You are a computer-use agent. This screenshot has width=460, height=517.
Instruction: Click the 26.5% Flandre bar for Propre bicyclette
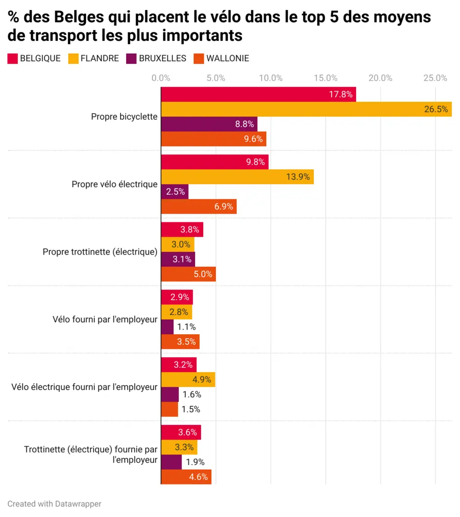click(306, 109)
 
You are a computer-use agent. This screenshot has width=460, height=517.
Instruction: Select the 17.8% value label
click(341, 95)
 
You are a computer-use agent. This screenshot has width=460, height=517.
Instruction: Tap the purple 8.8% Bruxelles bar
click(209, 124)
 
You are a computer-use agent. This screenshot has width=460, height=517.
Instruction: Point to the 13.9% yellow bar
click(237, 177)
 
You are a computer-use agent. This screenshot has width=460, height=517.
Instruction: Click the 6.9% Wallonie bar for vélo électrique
click(198, 207)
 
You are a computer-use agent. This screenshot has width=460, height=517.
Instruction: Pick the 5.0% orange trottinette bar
click(188, 274)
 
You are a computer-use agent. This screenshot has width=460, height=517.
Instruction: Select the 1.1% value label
click(187, 327)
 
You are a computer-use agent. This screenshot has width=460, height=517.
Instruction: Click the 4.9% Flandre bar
click(188, 380)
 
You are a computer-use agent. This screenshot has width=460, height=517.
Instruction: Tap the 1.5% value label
click(191, 409)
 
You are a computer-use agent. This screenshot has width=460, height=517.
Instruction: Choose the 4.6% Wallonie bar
click(186, 477)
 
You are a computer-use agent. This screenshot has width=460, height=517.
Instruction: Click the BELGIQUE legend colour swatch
click(12, 58)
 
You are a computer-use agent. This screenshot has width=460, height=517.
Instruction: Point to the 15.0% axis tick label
click(326, 78)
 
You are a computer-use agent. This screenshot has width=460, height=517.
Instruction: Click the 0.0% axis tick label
click(161, 78)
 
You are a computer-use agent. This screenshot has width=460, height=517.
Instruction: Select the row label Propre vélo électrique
click(115, 184)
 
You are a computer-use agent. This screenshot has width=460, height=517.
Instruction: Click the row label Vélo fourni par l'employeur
click(105, 319)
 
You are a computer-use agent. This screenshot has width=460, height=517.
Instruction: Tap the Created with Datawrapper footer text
click(54, 504)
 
